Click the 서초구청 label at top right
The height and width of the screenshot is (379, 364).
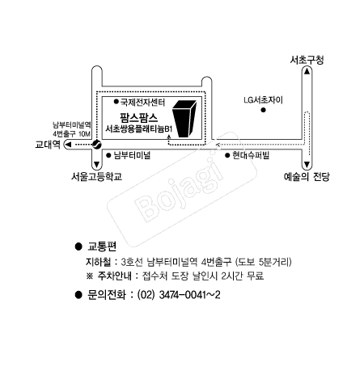(x=308, y=61)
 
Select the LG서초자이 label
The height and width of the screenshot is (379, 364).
(x=265, y=101)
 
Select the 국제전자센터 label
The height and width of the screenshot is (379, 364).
(x=143, y=103)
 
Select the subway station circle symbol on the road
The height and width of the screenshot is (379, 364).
(x=96, y=144)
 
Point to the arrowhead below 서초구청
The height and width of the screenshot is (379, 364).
(x=308, y=73)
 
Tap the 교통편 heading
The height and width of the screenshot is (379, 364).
(x=103, y=246)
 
